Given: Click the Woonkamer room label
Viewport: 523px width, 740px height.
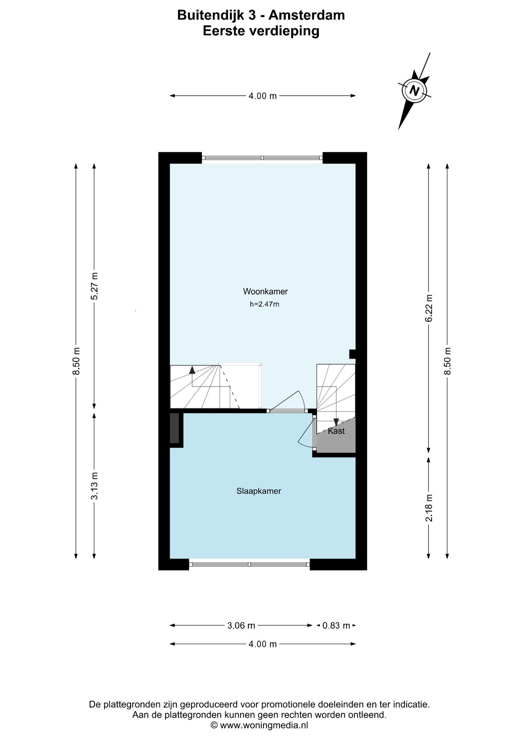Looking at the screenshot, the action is (265, 292).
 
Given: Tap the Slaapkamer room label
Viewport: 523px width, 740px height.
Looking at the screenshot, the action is (258, 491).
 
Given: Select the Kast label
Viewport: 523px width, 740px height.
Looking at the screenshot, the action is (336, 431).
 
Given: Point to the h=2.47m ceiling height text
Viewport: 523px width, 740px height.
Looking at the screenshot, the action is (265, 304).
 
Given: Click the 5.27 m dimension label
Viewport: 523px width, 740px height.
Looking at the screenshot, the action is (94, 286).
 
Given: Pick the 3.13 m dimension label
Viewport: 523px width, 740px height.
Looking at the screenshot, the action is (94, 486).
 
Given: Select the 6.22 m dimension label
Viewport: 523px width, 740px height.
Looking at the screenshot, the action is (429, 308).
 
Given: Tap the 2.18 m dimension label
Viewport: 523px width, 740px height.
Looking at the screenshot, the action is (429, 508).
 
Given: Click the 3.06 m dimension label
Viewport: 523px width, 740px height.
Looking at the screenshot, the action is (241, 626).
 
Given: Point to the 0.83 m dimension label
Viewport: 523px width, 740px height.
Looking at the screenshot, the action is (336, 626).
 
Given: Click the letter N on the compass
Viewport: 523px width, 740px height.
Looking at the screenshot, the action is (414, 91).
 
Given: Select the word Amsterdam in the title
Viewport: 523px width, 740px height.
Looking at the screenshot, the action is (307, 15).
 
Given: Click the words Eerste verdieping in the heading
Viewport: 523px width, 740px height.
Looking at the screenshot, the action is (261, 31).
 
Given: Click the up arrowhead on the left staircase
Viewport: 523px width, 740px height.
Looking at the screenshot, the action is (192, 370).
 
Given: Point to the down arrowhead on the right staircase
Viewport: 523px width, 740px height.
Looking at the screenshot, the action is (336, 422).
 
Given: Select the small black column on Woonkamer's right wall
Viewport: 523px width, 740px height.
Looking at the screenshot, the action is (352, 354).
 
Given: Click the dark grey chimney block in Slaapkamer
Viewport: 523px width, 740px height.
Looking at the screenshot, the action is (174, 428).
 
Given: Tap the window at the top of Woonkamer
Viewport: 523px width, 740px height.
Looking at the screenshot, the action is (262, 158).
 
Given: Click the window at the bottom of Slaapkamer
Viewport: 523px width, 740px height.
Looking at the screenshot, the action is (250, 564).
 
